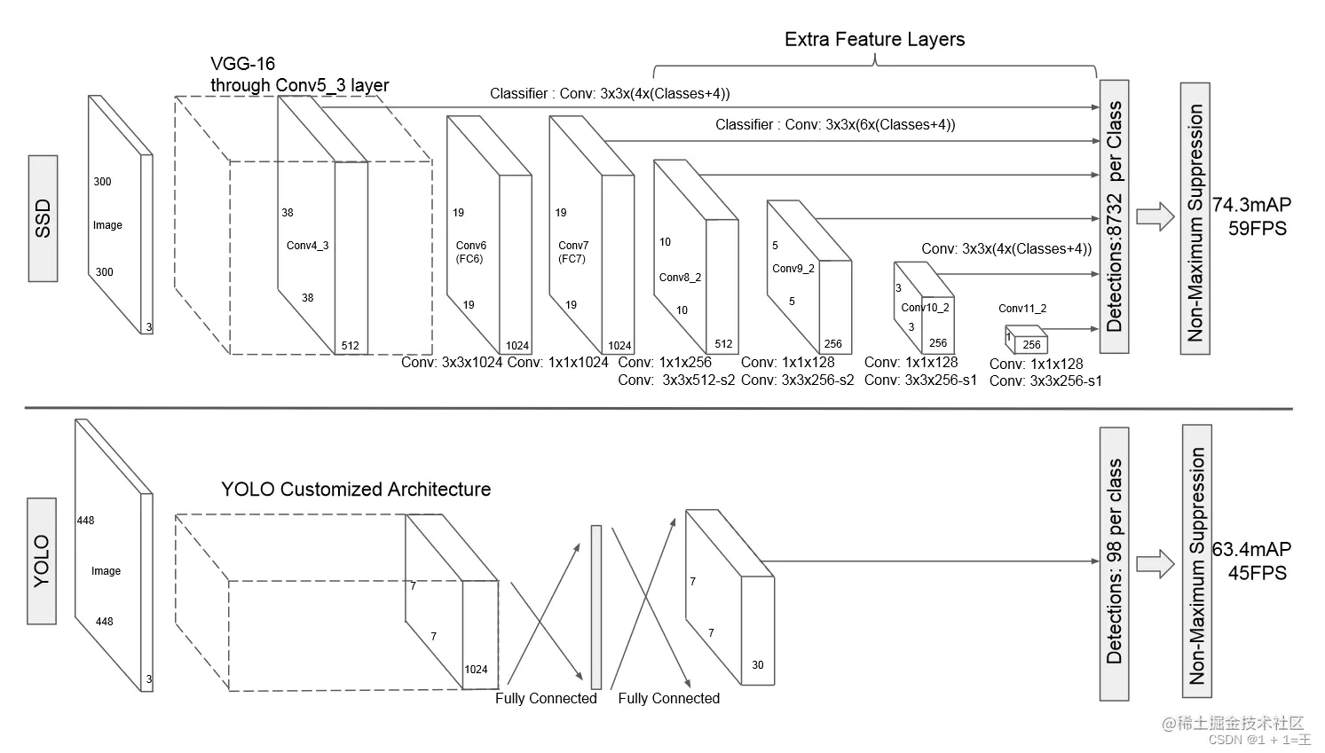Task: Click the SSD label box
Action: point(43,219)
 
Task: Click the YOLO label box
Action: point(42,561)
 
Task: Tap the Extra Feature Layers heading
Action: point(874,40)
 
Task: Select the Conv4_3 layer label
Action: point(308,246)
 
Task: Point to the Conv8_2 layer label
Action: point(680,278)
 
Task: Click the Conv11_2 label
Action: point(1022,309)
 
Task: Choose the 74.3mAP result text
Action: point(1251,205)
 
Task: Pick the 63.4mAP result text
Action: point(1251,549)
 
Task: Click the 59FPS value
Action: point(1258,228)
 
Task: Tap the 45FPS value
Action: point(1258,573)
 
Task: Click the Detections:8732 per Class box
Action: point(1115,216)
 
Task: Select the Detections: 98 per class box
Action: point(1115,564)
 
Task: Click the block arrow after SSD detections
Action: point(1155,216)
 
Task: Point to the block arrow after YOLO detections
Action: point(1155,564)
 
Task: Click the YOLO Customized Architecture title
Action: point(356,490)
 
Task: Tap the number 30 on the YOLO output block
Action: point(758,665)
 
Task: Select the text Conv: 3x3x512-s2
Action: point(676,380)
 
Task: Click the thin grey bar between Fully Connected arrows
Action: point(596,607)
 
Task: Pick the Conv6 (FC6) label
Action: point(471,252)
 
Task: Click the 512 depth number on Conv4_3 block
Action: point(351,346)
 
